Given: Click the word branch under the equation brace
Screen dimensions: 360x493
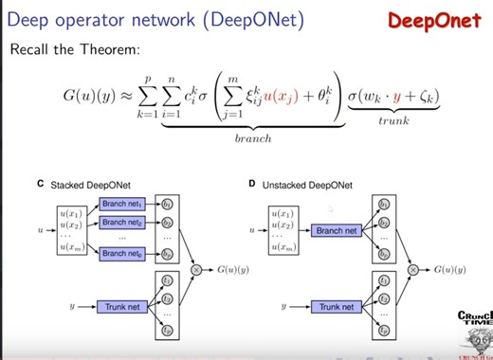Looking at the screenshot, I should click(251, 137).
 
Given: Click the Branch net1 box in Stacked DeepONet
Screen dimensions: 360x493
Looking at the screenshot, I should click(121, 205).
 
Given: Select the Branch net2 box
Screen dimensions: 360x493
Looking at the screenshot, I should click(121, 224).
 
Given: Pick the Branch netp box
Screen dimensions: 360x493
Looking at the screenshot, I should click(121, 253).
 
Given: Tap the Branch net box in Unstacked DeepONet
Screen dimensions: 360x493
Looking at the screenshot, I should click(336, 230).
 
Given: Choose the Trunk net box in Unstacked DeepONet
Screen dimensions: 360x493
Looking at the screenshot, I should click(336, 306).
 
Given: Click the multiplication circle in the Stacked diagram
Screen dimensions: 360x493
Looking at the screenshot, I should click(197, 270).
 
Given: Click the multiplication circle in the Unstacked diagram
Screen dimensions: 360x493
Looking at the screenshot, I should click(413, 269).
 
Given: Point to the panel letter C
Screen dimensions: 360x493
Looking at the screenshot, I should click(39, 185).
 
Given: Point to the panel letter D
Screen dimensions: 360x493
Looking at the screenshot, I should click(252, 185).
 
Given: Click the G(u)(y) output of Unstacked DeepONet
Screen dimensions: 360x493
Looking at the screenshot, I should click(448, 270).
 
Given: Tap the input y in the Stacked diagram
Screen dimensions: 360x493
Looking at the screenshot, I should click(72, 306).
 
